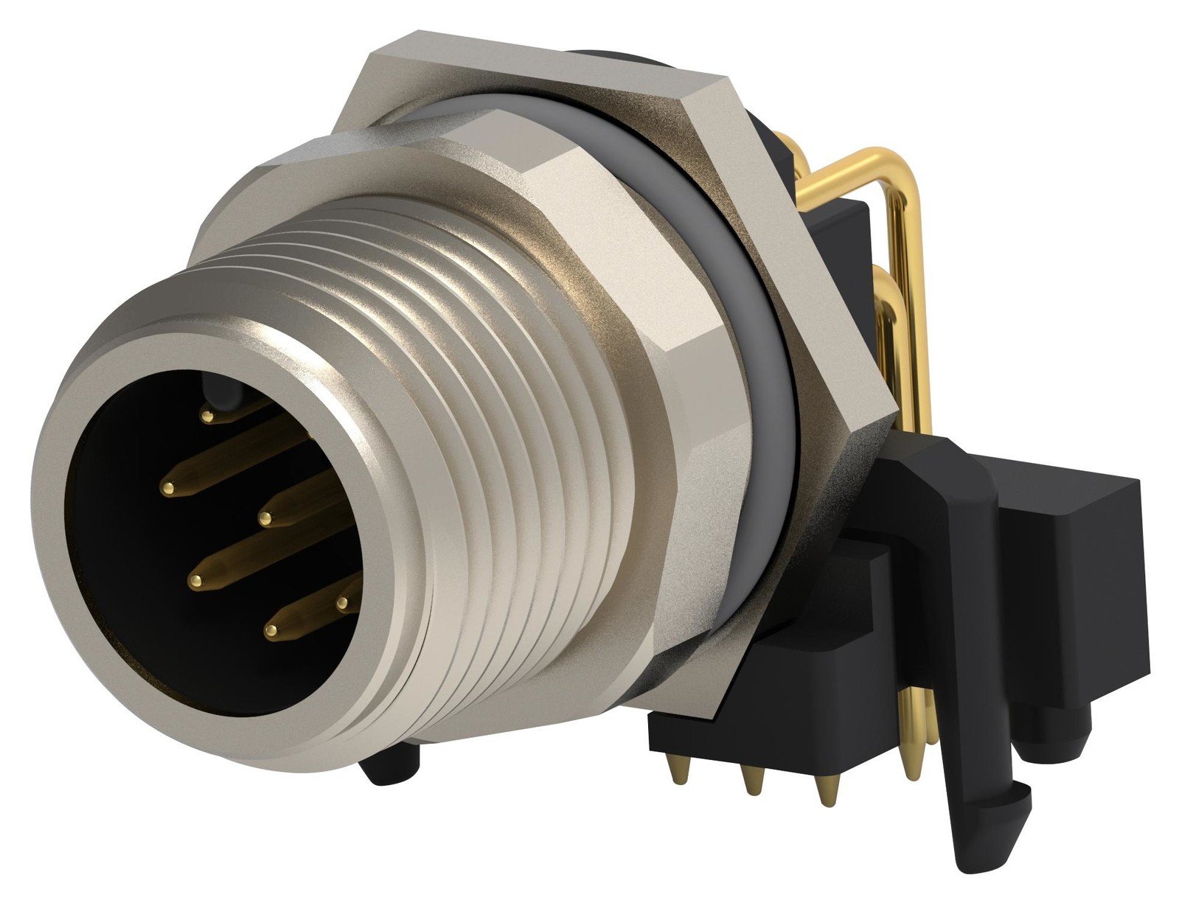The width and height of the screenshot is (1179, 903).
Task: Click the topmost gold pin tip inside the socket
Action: (x=208, y=417)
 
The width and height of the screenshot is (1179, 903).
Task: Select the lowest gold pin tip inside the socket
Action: (x=271, y=631)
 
